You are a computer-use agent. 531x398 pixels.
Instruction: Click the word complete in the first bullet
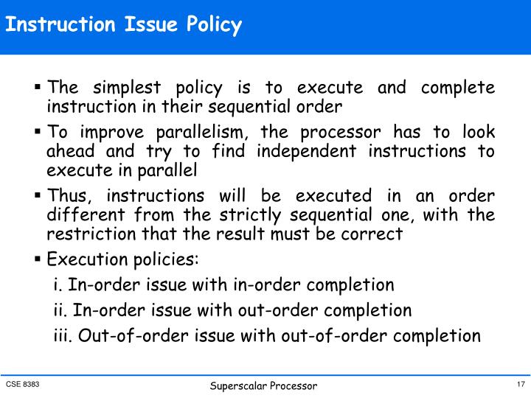click(x=458, y=88)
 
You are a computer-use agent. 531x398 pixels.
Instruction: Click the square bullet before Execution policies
click(x=38, y=259)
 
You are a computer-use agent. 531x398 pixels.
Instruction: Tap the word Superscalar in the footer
click(x=239, y=386)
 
